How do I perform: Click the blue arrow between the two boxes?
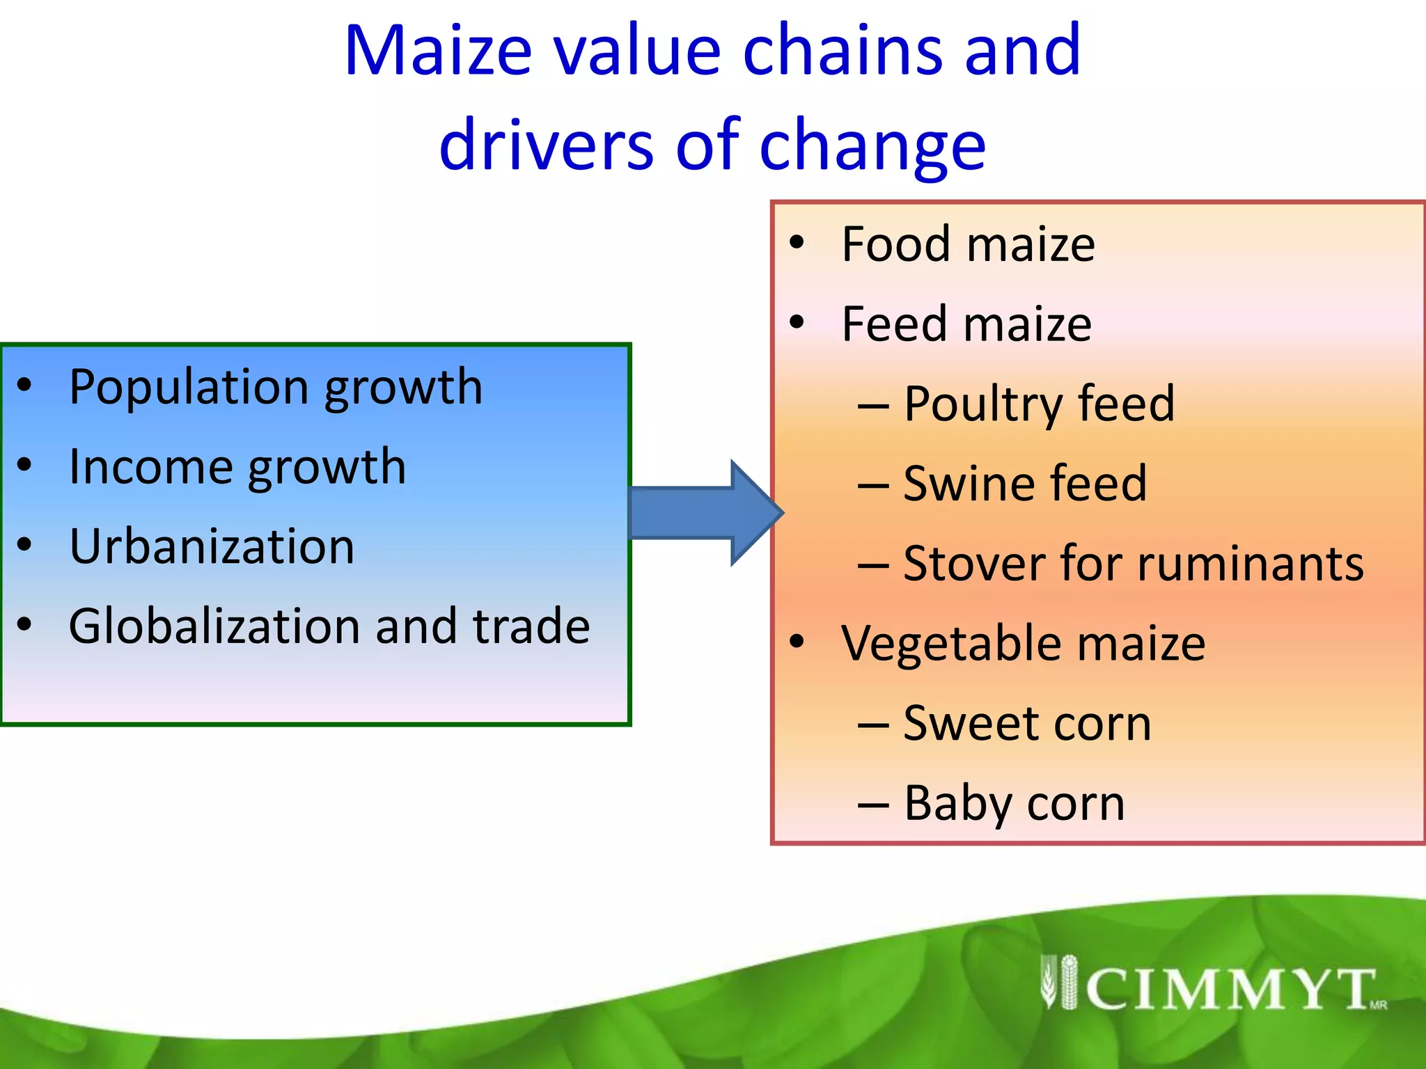pos(703,513)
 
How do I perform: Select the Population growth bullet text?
pos(276,387)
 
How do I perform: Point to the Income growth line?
pos(237,467)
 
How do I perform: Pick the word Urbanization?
pos(212,546)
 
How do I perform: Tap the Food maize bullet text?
pos(968,244)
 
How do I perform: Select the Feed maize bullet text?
pos(966,324)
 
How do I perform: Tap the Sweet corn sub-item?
pos(1027,724)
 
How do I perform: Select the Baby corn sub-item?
pos(1014,804)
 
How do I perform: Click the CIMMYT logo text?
pos(1229,988)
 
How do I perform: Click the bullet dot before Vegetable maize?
pos(797,641)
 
